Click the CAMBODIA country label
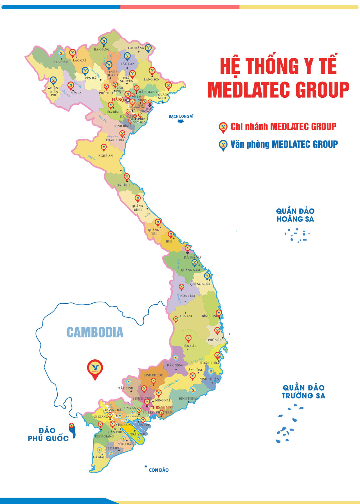(x=95, y=332)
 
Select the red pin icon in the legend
(x=223, y=127)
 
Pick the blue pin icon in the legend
(x=223, y=145)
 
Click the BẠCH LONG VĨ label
(x=181, y=116)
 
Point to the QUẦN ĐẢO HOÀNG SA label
(x=295, y=215)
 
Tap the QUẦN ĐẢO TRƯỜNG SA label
(x=303, y=392)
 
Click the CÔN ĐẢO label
(x=159, y=470)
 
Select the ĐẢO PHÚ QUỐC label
(x=48, y=434)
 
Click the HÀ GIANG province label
(x=102, y=50)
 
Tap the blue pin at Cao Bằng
(x=148, y=48)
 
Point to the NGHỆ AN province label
(x=105, y=156)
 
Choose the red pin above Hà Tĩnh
(x=127, y=177)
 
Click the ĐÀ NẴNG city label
(x=192, y=257)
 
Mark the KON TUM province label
(x=187, y=296)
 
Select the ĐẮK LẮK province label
(x=190, y=346)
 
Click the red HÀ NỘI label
(x=118, y=100)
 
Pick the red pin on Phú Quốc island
(x=71, y=425)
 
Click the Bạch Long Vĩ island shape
(x=181, y=122)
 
